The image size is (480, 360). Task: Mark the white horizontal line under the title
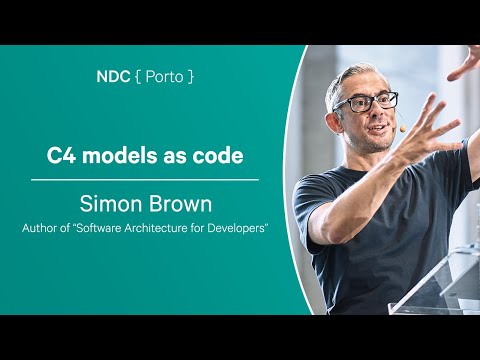click(145, 180)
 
